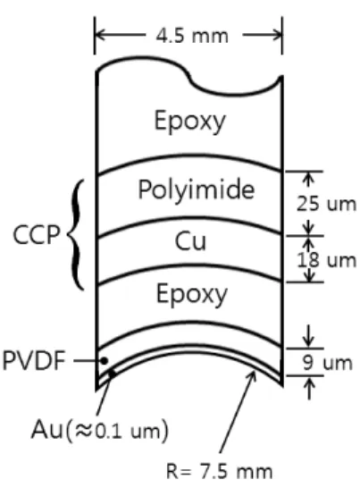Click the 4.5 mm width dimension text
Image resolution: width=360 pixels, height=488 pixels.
[x=192, y=36]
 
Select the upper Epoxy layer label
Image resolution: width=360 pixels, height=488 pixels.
[x=189, y=122]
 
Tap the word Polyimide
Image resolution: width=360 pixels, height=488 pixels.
[x=196, y=189]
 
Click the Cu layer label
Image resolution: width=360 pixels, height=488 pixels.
[x=190, y=241]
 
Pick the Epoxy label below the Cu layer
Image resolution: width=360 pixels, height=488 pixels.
[x=192, y=295]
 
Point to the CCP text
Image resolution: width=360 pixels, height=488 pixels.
[x=36, y=235]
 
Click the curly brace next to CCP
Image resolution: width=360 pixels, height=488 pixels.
[x=76, y=235]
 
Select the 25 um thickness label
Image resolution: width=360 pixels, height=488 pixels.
[x=326, y=204]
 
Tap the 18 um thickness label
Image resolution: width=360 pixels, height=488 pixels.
[x=327, y=260]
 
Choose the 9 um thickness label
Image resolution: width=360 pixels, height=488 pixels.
[x=327, y=363]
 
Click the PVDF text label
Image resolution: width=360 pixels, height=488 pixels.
[x=34, y=361]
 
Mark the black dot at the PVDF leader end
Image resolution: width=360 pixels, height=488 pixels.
[x=105, y=361]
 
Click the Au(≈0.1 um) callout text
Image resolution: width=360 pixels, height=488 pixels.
[x=100, y=430]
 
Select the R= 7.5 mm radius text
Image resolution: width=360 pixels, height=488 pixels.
[x=220, y=471]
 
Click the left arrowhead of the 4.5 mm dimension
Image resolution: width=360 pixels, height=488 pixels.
[x=99, y=35]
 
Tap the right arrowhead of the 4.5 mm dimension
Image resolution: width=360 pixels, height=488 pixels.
[x=278, y=35]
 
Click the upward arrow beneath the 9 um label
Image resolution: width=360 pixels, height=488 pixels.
[x=309, y=388]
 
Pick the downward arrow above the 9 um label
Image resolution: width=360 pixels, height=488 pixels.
[x=308, y=336]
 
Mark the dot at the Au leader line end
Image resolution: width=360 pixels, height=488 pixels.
[x=112, y=373]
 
